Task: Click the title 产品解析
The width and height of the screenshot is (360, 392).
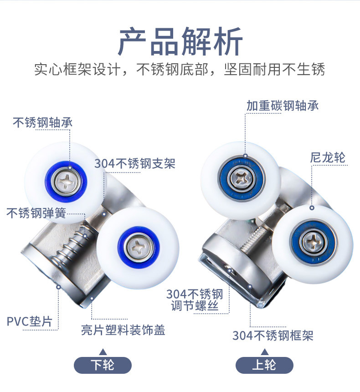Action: [x=180, y=41]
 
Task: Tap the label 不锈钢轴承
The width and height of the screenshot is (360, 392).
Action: [x=42, y=122]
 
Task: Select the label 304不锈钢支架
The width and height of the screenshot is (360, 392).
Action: [x=135, y=163]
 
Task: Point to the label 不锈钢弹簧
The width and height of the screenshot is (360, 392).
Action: [x=36, y=213]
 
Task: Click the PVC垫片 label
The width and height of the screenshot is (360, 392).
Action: [x=30, y=321]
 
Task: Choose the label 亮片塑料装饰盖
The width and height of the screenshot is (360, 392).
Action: [x=123, y=330]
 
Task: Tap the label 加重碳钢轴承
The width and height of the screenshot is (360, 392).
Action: [x=283, y=106]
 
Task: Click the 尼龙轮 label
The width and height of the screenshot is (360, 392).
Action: [x=328, y=158]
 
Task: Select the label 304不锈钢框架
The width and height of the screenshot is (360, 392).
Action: [x=273, y=335]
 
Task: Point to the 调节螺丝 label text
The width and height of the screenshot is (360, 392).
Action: [x=195, y=306]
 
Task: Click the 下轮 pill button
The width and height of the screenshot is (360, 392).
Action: [x=103, y=365]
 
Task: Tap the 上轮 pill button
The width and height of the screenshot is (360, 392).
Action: [x=264, y=365]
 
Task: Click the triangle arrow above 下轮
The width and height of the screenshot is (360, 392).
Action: [x=103, y=352]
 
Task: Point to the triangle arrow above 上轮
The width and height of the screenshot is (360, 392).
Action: [x=265, y=352]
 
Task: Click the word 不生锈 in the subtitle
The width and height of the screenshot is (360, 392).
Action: [x=303, y=69]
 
